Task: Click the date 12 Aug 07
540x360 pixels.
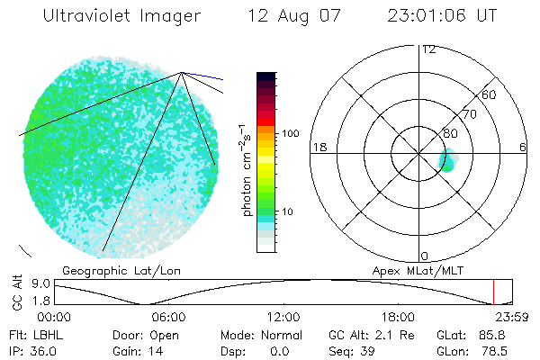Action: point(284,16)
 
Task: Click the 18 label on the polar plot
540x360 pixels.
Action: point(318,147)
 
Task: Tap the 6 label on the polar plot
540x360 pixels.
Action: point(523,147)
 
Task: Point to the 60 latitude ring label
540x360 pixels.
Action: point(490,94)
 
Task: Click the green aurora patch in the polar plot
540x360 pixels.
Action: point(447,161)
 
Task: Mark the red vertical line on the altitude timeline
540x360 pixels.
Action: point(493,292)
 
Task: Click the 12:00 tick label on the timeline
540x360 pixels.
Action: point(283,317)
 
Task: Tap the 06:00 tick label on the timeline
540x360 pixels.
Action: point(168,317)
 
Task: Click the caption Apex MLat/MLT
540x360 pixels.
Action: point(416,270)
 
